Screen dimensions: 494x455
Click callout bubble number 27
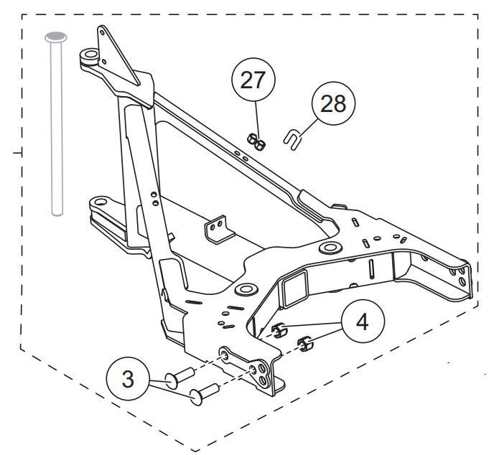(x=253, y=80)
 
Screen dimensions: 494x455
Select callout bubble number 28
(x=333, y=103)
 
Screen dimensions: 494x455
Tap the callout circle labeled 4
(x=363, y=322)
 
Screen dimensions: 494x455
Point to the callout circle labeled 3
(x=128, y=378)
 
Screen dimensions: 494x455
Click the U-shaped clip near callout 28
(x=292, y=139)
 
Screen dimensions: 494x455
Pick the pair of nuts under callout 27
(x=256, y=141)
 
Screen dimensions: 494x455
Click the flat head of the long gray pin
(x=56, y=37)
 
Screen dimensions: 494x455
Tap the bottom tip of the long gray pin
(x=57, y=215)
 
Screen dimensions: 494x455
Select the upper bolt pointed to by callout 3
(x=180, y=377)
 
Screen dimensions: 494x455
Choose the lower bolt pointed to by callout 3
(x=204, y=394)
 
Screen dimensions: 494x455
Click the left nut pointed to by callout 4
(x=279, y=331)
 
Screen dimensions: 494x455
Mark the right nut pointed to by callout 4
(x=305, y=344)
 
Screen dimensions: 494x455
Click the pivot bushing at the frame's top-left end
(x=89, y=56)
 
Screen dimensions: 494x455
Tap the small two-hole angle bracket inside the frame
(x=220, y=229)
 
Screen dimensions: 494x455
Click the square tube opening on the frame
(x=295, y=289)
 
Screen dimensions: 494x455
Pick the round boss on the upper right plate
(x=330, y=247)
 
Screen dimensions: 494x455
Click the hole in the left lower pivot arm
(x=100, y=202)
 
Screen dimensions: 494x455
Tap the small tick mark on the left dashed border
(x=18, y=153)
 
